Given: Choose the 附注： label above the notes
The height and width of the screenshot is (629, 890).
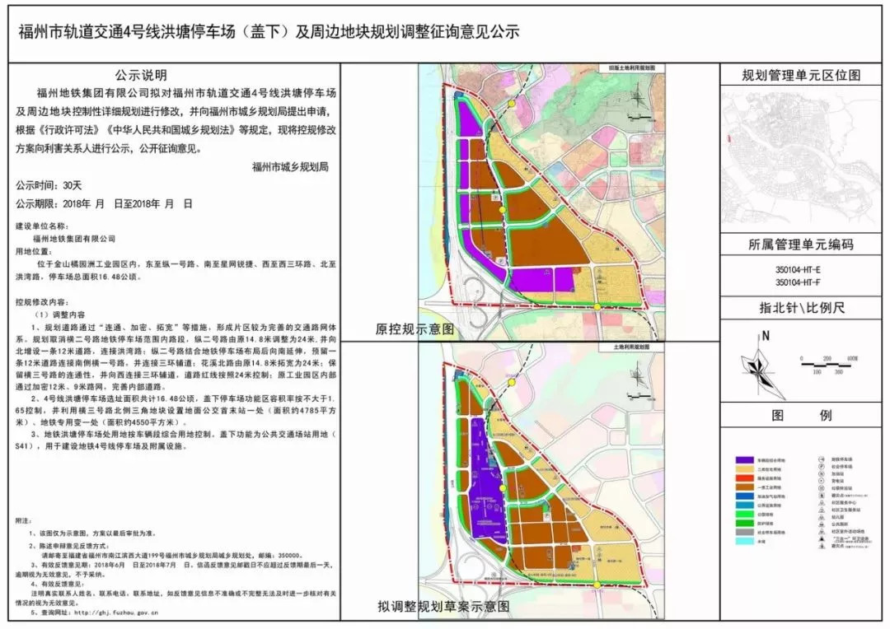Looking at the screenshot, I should (26, 522).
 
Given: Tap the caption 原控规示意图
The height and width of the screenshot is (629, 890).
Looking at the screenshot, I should (415, 328).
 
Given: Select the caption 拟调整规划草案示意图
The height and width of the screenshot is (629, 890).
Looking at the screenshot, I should (443, 607).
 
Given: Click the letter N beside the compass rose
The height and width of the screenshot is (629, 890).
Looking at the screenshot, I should (766, 335).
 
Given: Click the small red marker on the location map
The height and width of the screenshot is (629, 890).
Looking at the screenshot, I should (730, 137).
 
